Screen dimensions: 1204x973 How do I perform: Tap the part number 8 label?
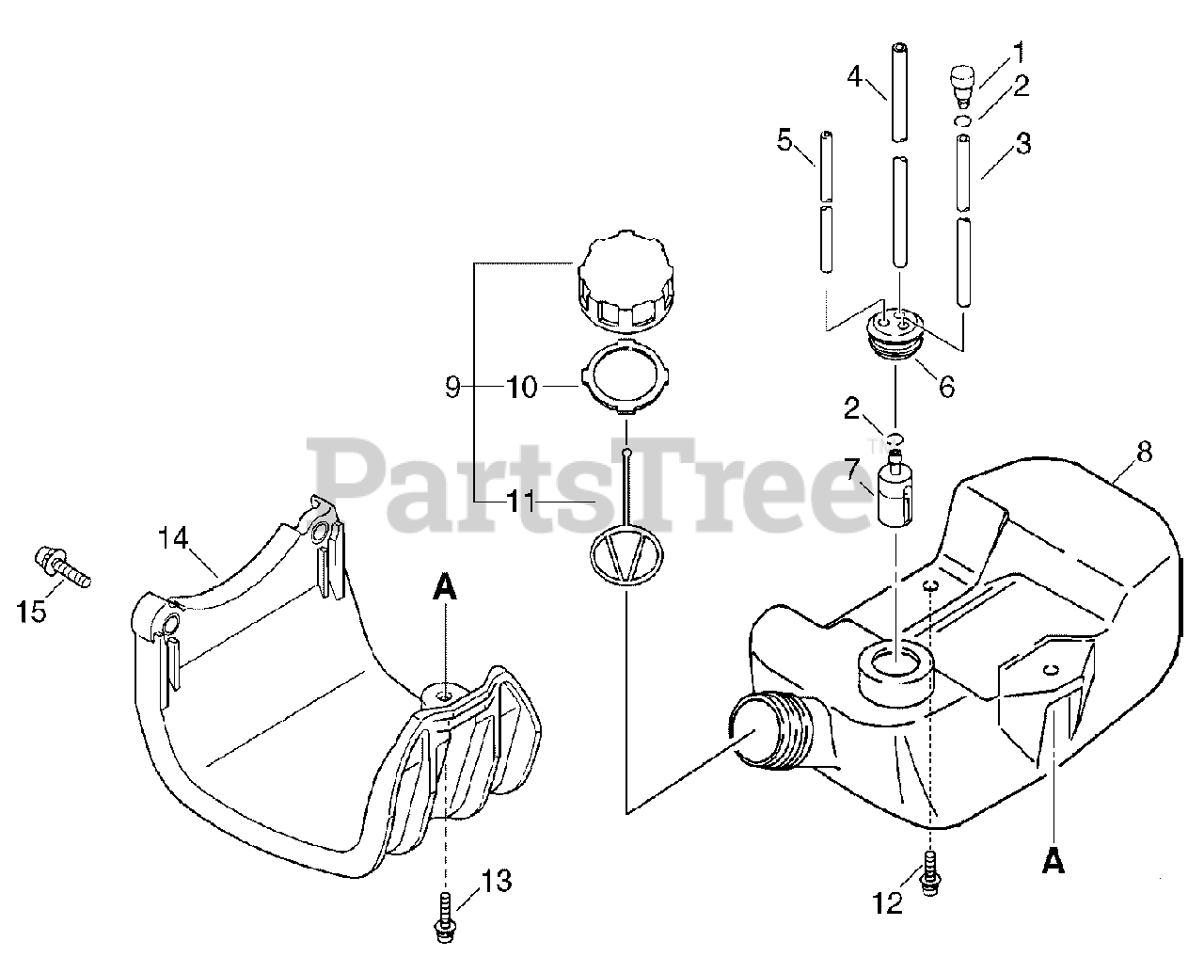tap(1144, 452)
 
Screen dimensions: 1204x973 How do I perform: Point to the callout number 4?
tap(854, 74)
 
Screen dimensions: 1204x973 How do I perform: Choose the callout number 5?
tap(784, 140)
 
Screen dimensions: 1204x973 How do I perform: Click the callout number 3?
tap(1022, 144)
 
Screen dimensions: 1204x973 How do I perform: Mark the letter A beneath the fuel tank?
tap(1053, 861)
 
